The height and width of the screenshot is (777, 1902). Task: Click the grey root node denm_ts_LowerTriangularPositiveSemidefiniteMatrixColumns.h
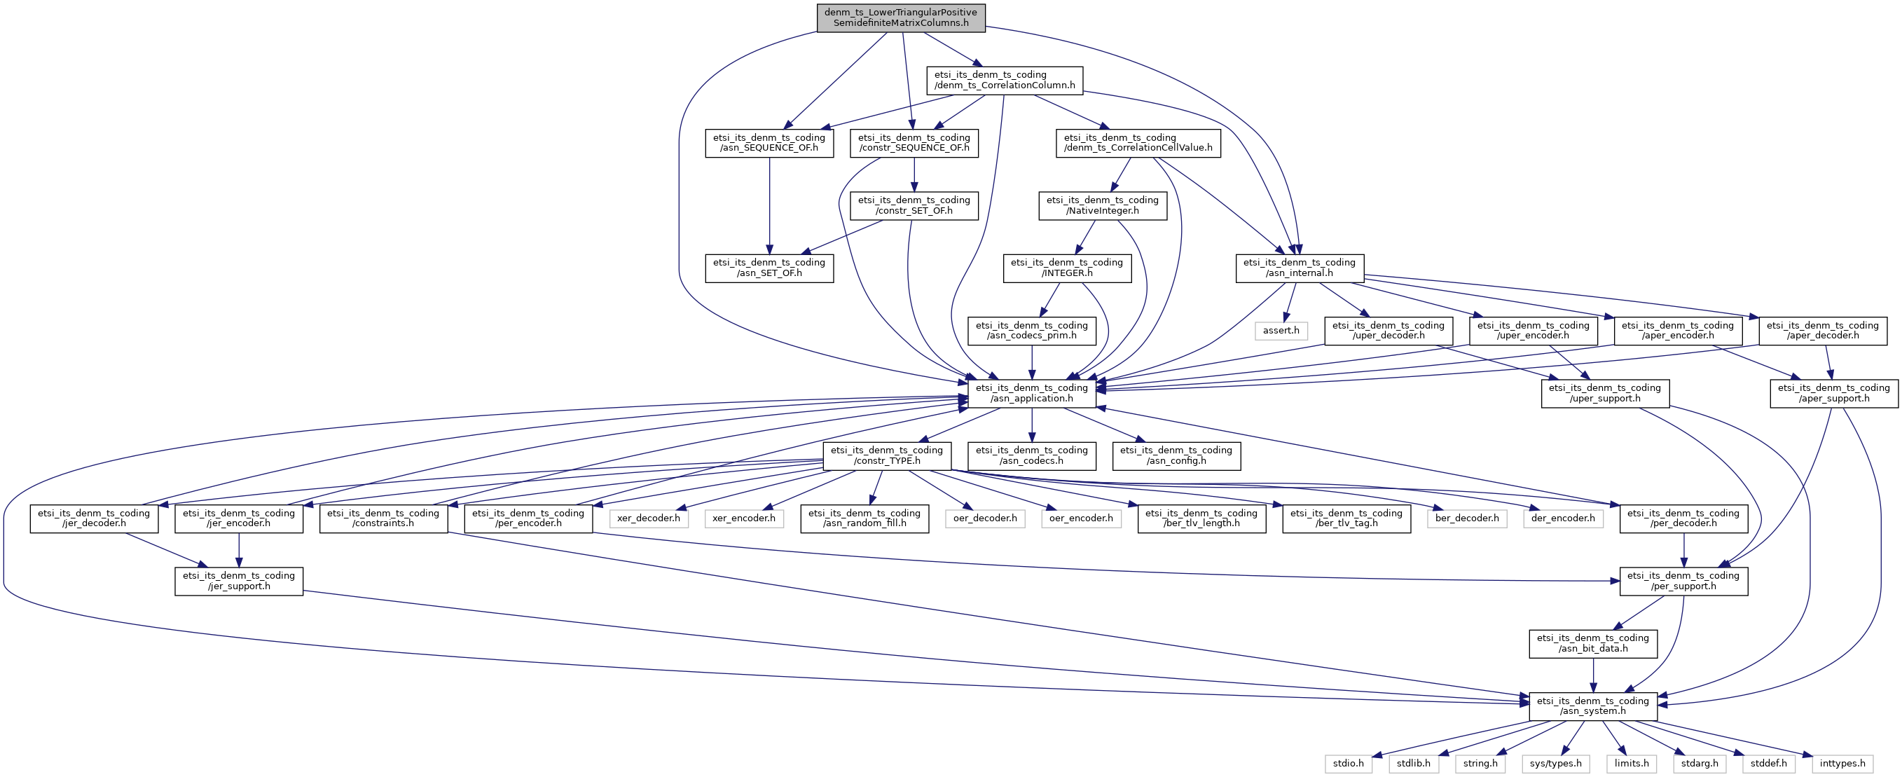coord(901,18)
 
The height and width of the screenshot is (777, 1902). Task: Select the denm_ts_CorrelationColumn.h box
coord(1005,80)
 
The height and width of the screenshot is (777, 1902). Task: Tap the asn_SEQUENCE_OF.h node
coord(769,142)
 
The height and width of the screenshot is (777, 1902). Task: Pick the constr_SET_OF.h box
coord(914,205)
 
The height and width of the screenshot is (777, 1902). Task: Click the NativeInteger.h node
coord(1103,205)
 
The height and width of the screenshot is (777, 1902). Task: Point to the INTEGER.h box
coord(1067,268)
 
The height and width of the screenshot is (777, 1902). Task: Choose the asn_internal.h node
coord(1300,268)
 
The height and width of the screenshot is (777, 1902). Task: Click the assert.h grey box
coord(1281,330)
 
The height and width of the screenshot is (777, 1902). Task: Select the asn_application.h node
coord(1032,393)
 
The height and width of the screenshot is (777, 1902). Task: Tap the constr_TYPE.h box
coord(887,455)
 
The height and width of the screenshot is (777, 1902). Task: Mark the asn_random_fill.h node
coord(864,518)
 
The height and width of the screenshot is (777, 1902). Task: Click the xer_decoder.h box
coord(648,518)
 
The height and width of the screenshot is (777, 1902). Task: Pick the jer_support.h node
coord(238,582)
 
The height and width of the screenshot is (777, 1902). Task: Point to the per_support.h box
coord(1683,582)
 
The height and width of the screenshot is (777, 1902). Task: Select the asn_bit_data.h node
coord(1592,643)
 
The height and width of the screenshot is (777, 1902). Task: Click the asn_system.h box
coord(1592,706)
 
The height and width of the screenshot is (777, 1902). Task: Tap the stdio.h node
coord(1349,764)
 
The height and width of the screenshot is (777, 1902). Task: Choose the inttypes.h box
coord(1843,764)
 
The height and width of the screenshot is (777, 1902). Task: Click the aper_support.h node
coord(1834,393)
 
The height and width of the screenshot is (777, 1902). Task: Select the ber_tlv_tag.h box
coord(1346,518)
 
